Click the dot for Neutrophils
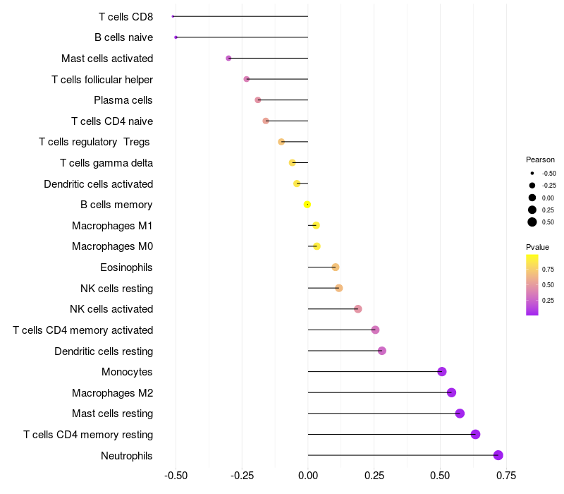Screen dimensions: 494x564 498,455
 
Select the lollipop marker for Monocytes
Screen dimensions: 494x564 442,372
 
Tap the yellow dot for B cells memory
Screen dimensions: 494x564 307,205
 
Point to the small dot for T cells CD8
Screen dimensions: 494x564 173,16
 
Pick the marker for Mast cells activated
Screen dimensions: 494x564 228,58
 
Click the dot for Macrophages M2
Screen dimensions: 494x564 451,392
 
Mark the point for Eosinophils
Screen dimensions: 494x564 336,267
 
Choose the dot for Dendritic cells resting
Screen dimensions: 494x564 382,351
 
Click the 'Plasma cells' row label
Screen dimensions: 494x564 123,100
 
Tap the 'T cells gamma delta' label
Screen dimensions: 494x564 106,163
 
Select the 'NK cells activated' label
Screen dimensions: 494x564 111,309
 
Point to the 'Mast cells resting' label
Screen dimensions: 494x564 112,414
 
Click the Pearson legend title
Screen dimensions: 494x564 540,159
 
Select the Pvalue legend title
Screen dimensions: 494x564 537,247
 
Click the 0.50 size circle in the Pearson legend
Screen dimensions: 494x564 532,222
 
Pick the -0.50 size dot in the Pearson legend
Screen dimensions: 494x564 532,173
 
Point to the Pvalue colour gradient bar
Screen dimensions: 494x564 532,284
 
